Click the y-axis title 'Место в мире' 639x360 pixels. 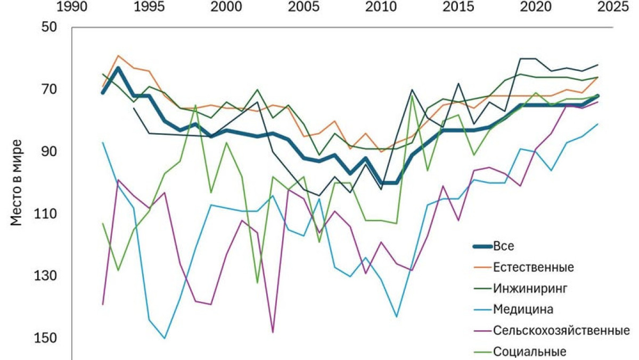point(17,183)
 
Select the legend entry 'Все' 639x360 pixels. point(504,246)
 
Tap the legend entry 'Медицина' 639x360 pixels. point(523,309)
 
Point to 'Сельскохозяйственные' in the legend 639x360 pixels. point(558,330)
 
